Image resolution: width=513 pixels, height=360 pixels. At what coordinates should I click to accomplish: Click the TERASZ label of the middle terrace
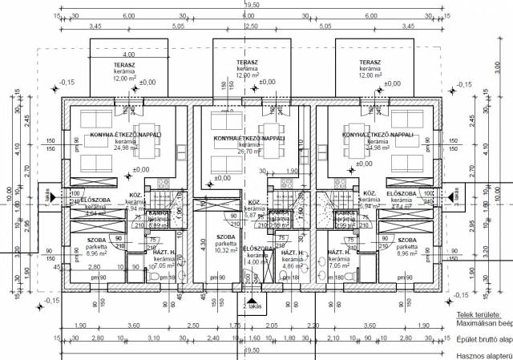coord(246,62)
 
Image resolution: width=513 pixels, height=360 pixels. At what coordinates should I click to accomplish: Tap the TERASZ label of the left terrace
coord(123,62)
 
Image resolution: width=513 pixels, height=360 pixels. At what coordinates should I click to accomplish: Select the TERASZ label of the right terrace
coord(369,62)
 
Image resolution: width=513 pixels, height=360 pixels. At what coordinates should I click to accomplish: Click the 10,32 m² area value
coord(225,251)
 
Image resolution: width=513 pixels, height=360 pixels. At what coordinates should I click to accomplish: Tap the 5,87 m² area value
coord(253,216)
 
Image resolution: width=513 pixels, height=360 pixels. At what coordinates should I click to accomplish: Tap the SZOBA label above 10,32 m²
coord(226,237)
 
